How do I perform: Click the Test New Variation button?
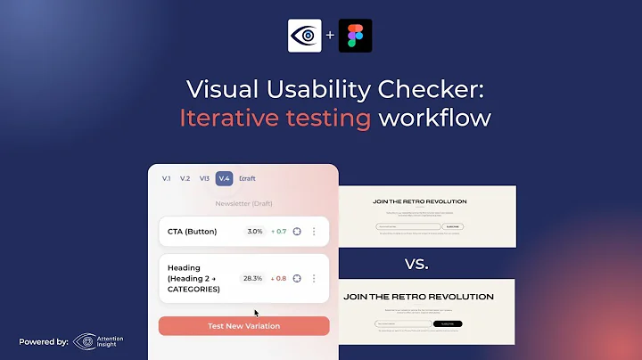click(243, 326)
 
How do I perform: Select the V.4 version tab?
click(224, 178)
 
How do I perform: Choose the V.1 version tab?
click(166, 178)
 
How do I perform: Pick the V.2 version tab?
click(185, 178)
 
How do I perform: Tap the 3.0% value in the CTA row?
click(255, 232)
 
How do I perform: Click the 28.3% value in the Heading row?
click(252, 278)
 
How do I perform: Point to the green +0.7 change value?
click(277, 232)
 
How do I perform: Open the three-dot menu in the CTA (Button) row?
click(314, 232)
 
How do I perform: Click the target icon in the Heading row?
click(297, 278)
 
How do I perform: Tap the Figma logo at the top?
click(355, 36)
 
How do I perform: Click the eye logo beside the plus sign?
click(304, 36)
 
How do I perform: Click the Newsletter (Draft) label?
click(243, 203)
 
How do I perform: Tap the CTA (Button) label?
click(193, 232)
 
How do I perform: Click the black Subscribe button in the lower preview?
click(448, 324)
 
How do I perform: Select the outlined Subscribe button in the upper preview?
click(454, 227)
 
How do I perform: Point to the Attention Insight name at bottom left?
click(111, 341)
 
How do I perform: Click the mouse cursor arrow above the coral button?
click(257, 313)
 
